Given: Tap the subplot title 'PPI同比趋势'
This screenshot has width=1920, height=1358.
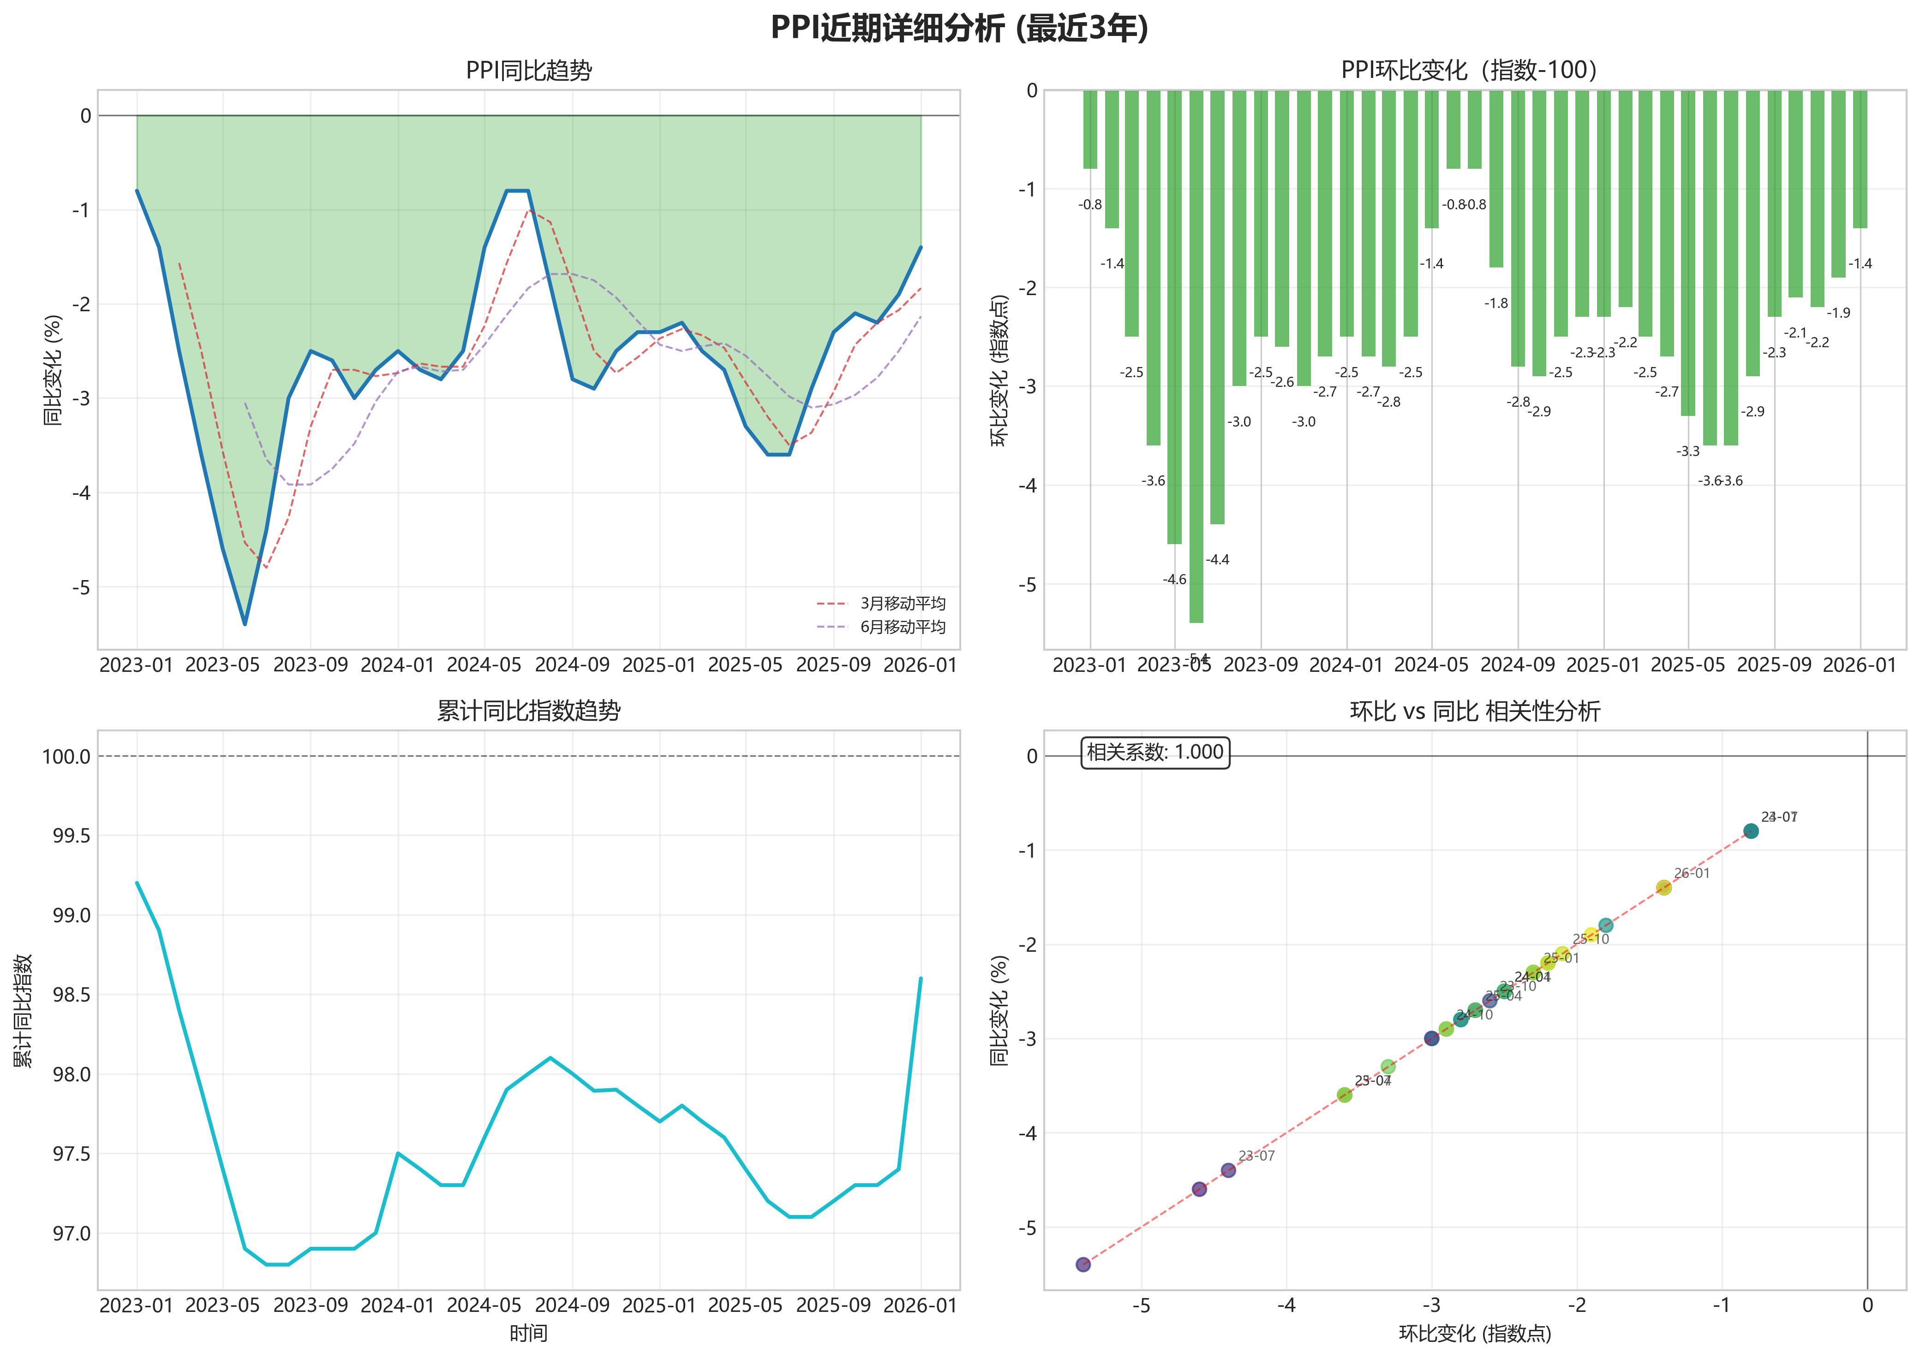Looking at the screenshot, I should (529, 70).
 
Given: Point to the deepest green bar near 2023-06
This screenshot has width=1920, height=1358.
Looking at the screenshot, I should (1196, 360).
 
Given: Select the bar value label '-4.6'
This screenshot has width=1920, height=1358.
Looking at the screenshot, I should (1175, 580).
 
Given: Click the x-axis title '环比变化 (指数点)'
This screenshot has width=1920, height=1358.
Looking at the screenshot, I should (1475, 1334).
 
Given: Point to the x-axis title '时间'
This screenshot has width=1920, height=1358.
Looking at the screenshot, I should (529, 1334).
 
